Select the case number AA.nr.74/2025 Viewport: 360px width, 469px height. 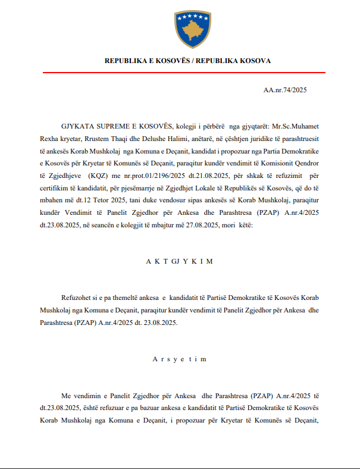[x=284, y=90]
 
